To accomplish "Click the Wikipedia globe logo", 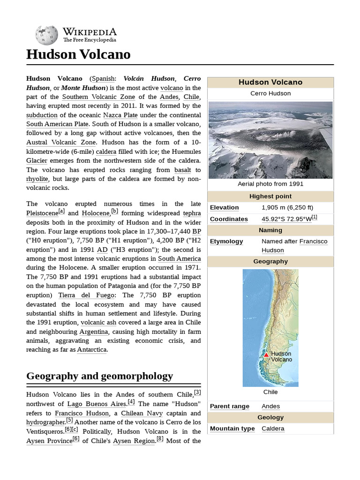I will [x=46, y=34].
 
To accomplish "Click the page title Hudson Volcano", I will [x=78, y=55].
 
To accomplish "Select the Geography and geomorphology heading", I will [x=99, y=376].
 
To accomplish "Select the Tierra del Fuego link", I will [x=86, y=295].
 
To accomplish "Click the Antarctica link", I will [x=92, y=350].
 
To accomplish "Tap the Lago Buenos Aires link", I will [x=97, y=404].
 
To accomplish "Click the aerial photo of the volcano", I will [x=270, y=140].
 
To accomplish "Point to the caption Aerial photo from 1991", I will [x=270, y=184].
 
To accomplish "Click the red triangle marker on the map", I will [x=266, y=355].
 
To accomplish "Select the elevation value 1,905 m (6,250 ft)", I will [x=287, y=208].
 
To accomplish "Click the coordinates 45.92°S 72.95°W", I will [x=286, y=219].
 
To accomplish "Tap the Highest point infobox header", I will [x=270, y=196].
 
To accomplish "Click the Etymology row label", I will [x=226, y=241].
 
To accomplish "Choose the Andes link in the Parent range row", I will [x=270, y=406].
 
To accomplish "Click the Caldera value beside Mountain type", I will [x=273, y=429].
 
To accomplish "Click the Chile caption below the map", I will [x=270, y=392].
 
